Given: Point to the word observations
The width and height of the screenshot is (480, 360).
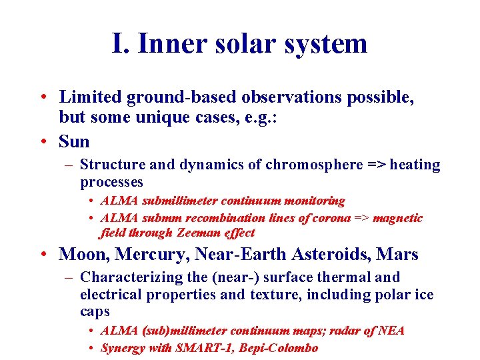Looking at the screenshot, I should (288, 97).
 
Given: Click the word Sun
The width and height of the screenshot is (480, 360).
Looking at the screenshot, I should (74, 141).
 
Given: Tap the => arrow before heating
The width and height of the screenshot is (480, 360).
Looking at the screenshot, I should (377, 165).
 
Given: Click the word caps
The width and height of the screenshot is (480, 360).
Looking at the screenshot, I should (94, 311).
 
